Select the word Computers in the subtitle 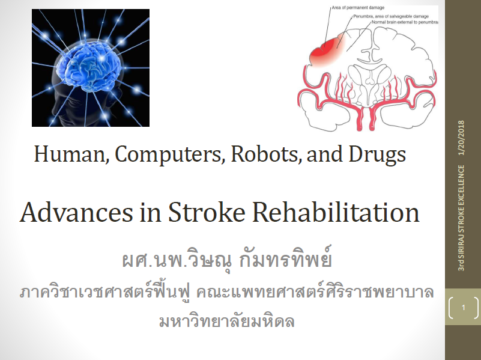coord(168,153)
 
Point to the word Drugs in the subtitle coord(377,154)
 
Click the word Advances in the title coord(76,212)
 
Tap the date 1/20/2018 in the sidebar coord(461,138)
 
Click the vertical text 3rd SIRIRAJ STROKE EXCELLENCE coord(461,218)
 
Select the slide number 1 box coord(463,307)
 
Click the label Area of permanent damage coord(358,8)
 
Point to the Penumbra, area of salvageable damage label coord(391,16)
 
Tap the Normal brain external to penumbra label coord(405,22)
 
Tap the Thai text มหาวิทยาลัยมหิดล coord(227,321)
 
